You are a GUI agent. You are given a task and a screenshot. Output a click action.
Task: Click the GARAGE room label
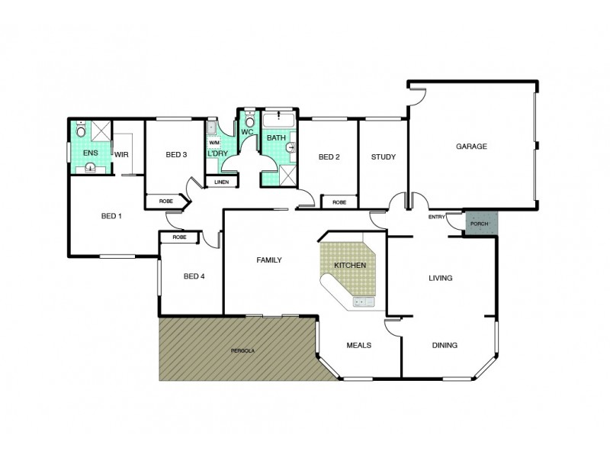471,146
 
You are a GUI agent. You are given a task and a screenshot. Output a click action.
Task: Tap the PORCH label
480,224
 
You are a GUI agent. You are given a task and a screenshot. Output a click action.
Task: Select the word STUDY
383,157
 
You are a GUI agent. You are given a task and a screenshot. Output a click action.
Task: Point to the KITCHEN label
350,265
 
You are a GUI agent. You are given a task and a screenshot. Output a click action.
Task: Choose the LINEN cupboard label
221,182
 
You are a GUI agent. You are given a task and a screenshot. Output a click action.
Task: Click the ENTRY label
436,217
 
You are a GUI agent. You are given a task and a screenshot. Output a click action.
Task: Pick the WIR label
120,153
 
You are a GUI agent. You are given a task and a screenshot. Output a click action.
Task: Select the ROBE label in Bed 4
179,237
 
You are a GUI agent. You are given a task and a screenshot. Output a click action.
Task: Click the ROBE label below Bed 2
339,202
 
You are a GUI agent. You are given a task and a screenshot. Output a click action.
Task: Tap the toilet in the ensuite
82,131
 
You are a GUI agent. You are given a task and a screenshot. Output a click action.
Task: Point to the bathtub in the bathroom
279,120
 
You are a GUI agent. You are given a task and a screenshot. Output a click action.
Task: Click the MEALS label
358,345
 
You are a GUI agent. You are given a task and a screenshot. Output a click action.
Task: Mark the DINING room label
445,345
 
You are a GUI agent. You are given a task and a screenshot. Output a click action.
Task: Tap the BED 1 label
111,216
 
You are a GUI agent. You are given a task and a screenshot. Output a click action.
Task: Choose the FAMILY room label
268,260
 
